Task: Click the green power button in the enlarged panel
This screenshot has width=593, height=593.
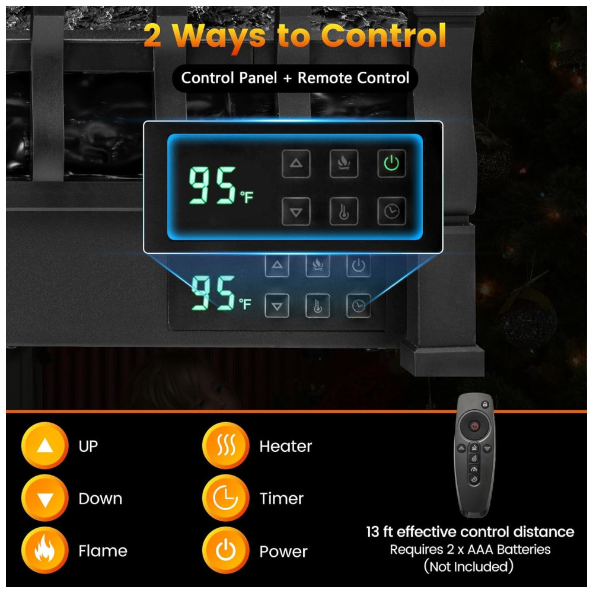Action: (x=391, y=164)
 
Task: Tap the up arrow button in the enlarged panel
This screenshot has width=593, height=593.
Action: (x=296, y=164)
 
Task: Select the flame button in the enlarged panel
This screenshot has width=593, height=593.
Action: (x=344, y=164)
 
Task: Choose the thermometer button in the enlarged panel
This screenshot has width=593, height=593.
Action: (x=344, y=211)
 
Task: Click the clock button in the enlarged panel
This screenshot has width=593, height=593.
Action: (x=391, y=211)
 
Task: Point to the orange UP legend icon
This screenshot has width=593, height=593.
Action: (x=45, y=445)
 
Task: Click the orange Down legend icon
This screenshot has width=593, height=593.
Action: (x=45, y=498)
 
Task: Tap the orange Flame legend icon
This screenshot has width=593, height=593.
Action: (x=45, y=550)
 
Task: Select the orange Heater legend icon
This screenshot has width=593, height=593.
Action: (x=226, y=445)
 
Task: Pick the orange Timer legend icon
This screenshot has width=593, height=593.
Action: (x=226, y=498)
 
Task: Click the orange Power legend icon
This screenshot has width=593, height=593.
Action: (x=226, y=550)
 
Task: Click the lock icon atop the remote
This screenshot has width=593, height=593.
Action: (x=485, y=404)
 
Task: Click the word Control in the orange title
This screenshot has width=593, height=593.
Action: (x=384, y=36)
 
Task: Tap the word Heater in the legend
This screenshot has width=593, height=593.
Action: (x=286, y=447)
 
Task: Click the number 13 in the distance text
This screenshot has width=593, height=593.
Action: (x=372, y=532)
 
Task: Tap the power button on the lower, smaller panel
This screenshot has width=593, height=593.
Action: (x=358, y=266)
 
